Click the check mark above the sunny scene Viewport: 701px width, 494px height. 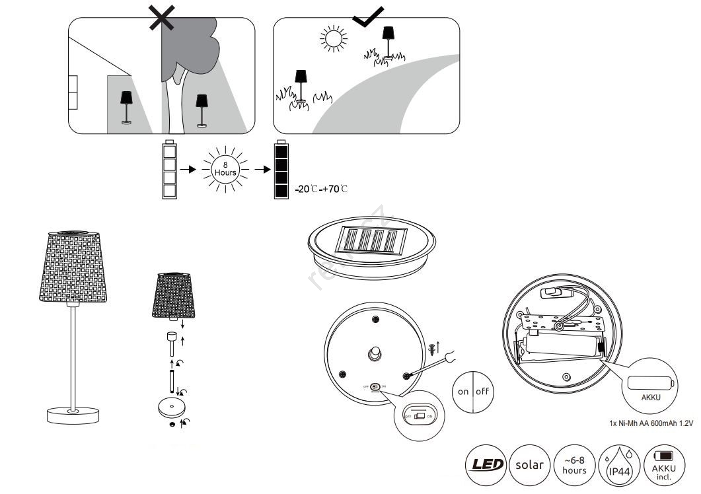point(367,16)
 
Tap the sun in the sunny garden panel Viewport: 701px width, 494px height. point(333,39)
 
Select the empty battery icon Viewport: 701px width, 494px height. point(169,170)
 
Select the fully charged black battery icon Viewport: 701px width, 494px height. point(281,170)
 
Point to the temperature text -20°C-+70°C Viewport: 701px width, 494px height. point(321,190)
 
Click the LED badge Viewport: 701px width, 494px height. point(486,464)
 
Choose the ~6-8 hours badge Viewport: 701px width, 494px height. point(573,464)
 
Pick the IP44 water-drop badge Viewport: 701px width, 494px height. point(618,464)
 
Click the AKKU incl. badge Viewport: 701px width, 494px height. point(663,464)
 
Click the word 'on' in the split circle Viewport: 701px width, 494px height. point(463,391)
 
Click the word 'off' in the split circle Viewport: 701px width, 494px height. point(482,391)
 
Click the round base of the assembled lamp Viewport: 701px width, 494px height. point(74,415)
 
